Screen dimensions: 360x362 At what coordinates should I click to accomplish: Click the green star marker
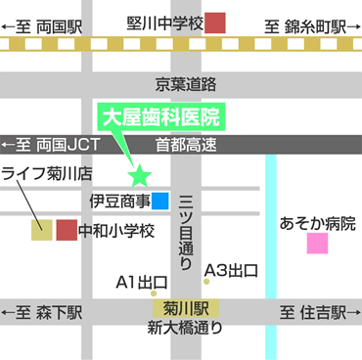[140, 177]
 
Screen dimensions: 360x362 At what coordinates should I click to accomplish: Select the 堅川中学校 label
[163, 22]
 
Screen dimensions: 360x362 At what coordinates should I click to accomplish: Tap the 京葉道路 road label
[185, 85]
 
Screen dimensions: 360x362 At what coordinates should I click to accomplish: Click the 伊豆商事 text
[118, 202]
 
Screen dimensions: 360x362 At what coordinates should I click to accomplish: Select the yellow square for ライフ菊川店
[41, 231]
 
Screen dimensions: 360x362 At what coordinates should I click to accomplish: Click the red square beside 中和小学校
[67, 231]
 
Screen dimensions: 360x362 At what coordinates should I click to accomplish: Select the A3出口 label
[231, 270]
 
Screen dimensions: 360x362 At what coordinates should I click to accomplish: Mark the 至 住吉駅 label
[312, 313]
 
